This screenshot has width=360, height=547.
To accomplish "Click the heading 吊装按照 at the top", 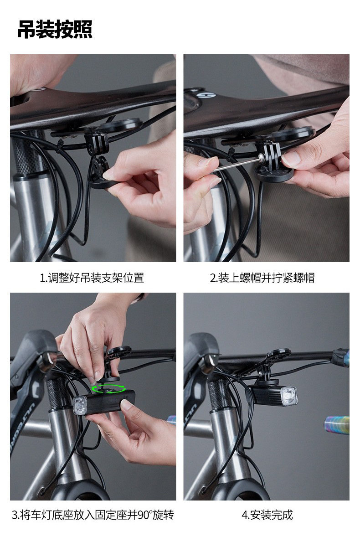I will pyautogui.click(x=55, y=30).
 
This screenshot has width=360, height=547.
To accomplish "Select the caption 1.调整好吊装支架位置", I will pyautogui.click(x=92, y=278).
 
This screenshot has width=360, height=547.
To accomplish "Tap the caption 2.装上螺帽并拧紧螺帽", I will pyautogui.click(x=262, y=278).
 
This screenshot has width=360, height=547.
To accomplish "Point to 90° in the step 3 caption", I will pyautogui.click(x=144, y=515).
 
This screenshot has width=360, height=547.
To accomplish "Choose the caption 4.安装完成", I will pyautogui.click(x=267, y=515).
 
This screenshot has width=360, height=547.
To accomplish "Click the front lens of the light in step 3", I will pyautogui.click(x=80, y=405).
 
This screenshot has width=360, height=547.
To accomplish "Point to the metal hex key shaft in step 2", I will pyautogui.click(x=235, y=164).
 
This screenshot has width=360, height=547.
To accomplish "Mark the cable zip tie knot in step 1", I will pyautogui.click(x=60, y=147).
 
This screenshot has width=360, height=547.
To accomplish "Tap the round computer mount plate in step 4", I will pyautogui.click(x=279, y=355).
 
